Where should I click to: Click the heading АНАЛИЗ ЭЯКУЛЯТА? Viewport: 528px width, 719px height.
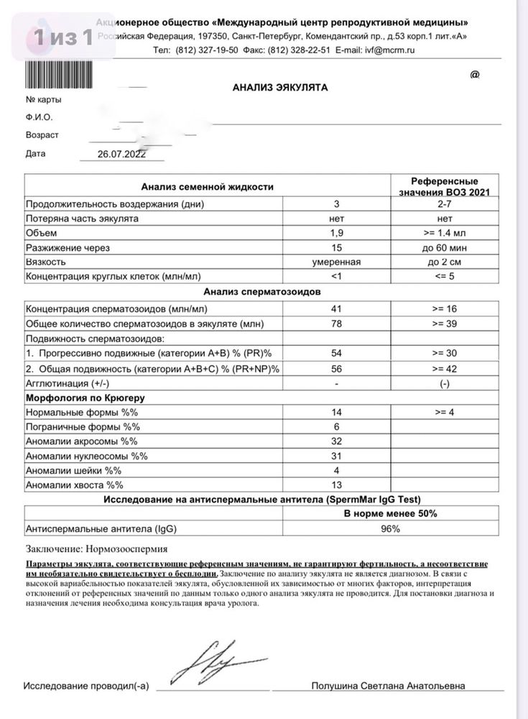point(280,87)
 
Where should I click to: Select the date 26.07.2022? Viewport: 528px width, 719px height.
point(121,154)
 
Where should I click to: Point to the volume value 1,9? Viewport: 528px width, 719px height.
point(336,233)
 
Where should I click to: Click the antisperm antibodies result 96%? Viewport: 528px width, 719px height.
point(391,529)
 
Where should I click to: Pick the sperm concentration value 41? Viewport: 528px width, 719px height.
point(336,308)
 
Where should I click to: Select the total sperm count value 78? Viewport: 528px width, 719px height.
point(336,324)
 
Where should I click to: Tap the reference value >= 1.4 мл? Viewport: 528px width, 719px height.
point(445,233)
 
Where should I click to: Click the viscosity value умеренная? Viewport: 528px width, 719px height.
point(336,262)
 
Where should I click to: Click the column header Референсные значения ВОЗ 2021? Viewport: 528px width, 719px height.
point(444,187)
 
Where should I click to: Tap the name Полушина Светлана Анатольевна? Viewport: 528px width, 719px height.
point(388,686)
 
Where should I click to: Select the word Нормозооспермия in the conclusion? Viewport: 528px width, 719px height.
point(115,549)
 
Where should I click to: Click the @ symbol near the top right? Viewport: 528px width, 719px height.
point(474,75)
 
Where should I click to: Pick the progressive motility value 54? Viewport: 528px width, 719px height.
point(336,353)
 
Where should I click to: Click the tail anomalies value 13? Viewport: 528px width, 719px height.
point(336,485)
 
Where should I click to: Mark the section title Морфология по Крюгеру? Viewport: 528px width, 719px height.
point(81,398)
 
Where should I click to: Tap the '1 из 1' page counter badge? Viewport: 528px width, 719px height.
point(60,37)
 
